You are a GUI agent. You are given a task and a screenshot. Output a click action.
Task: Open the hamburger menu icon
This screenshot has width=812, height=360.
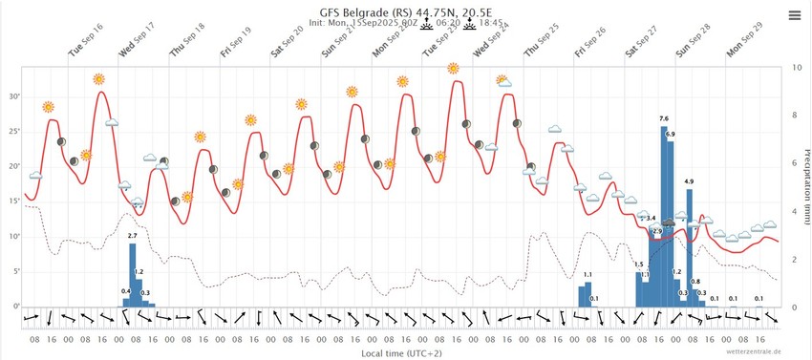tap(795, 15)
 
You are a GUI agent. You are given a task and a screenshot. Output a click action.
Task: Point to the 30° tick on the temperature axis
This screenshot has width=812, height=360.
tap(14, 96)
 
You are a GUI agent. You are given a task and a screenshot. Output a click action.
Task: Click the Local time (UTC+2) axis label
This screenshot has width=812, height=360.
tap(400, 351)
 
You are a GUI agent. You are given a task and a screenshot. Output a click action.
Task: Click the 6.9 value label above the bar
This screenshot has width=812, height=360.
tap(670, 134)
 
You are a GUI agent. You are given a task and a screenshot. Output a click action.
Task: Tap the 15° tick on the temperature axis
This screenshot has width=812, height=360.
tap(14, 201)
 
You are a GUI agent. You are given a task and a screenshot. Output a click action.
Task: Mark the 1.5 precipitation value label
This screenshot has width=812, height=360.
tap(638, 265)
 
